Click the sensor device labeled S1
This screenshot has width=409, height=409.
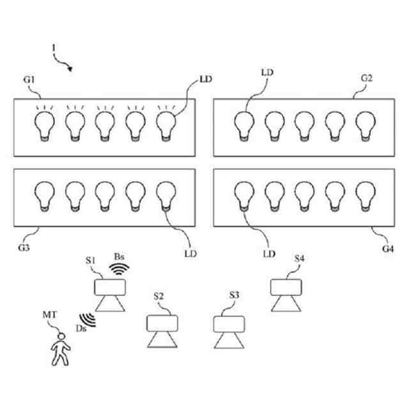pos(109,294)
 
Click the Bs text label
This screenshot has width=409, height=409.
pos(119,256)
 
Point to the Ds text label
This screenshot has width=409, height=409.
pos(81,328)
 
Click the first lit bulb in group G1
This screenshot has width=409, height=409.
pos(45,124)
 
